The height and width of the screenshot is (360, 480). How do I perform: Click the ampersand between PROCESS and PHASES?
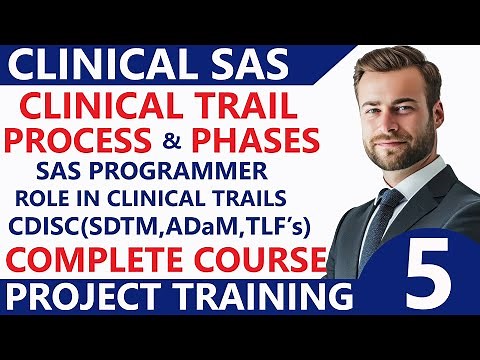197,138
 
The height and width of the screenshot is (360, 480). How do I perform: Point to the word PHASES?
267,137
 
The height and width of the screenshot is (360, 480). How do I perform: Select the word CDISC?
70,225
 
